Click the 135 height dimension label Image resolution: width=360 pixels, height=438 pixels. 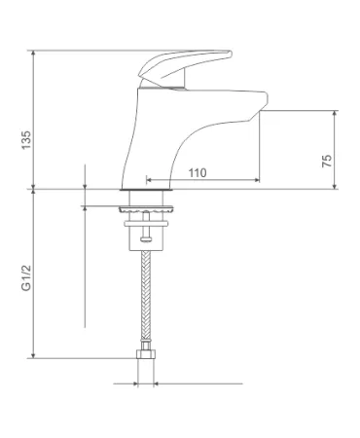[26, 140]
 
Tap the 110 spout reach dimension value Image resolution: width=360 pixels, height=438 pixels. [198, 173]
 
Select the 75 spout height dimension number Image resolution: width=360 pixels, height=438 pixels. [327, 161]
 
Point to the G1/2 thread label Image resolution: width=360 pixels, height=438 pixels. [26, 277]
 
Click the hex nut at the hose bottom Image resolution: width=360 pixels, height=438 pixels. [146, 354]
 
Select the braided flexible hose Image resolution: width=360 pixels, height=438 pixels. [146, 295]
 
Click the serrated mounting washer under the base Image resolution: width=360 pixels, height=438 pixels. [146, 209]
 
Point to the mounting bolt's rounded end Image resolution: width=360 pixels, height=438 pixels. [146, 239]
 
